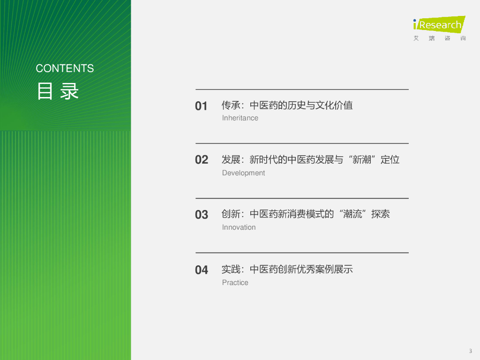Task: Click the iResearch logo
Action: tap(439, 24)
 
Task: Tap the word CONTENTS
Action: tap(65, 68)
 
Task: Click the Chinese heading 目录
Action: tap(58, 91)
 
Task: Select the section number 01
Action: tap(201, 106)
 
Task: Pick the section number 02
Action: tap(202, 160)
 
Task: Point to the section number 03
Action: tap(202, 215)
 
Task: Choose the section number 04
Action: tap(202, 270)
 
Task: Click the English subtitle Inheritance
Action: tap(240, 118)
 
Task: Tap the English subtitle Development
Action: tap(243, 173)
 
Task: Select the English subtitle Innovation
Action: tap(239, 227)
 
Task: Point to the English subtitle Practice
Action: tap(235, 283)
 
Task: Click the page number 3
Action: tap(470, 351)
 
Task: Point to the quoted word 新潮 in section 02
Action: tap(362, 159)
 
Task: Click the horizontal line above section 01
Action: tap(302, 89)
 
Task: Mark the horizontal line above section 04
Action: tap(302, 253)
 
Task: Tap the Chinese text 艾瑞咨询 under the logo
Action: tap(440, 38)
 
